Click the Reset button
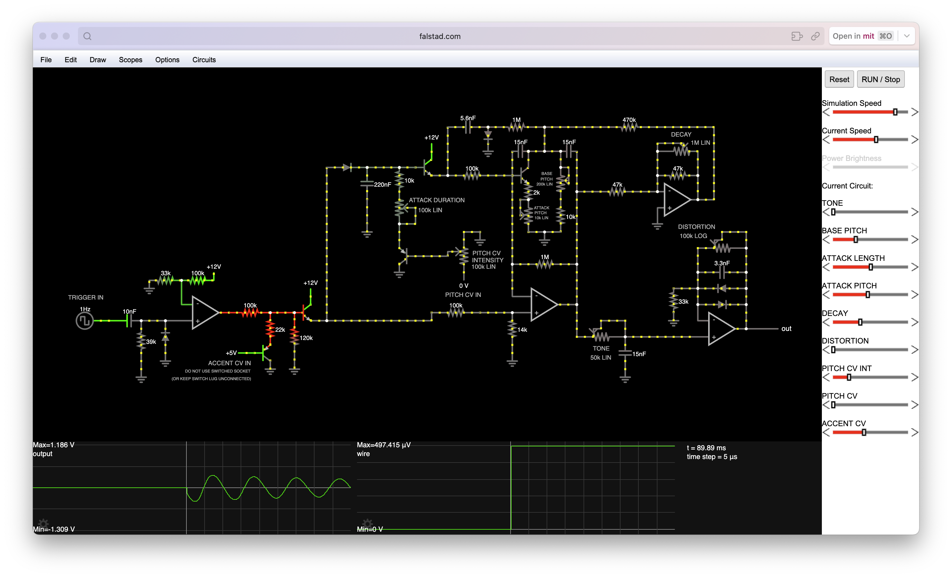(x=839, y=79)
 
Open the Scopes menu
(x=130, y=59)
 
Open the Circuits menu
(x=204, y=59)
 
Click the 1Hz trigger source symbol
(x=85, y=321)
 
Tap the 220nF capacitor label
(x=382, y=185)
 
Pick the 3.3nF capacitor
(x=722, y=272)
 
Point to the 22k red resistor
(x=270, y=329)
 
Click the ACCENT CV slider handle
(x=863, y=432)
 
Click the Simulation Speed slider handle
(x=895, y=112)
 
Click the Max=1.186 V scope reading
(x=53, y=445)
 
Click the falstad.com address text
(x=440, y=36)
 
